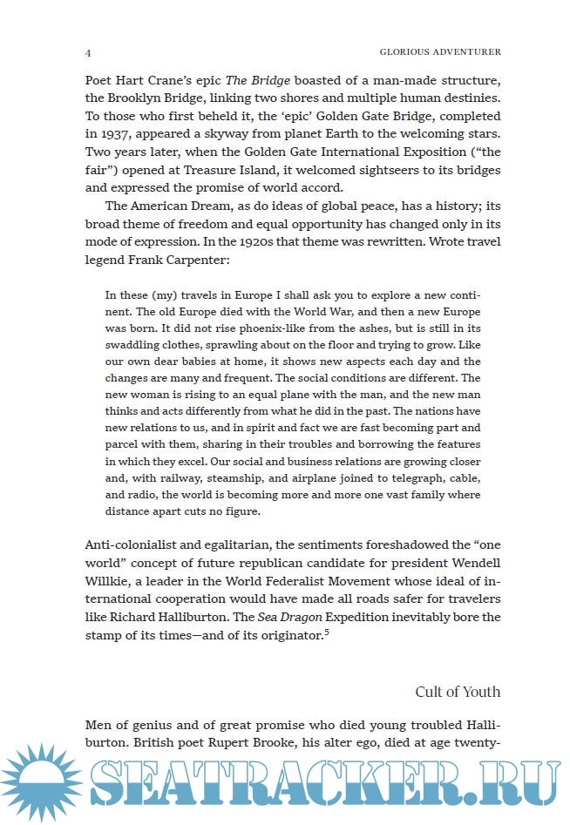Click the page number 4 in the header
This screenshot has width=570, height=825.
[88, 51]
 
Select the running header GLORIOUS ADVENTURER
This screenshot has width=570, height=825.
[442, 51]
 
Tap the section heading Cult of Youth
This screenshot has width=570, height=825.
[458, 692]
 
